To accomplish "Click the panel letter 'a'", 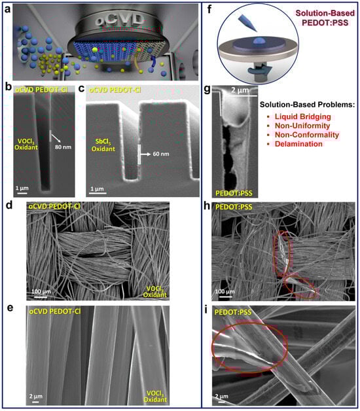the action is [x=8, y=10].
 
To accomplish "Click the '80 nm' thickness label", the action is [x=63, y=147].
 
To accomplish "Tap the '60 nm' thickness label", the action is [x=161, y=154].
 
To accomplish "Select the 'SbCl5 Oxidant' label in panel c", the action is [x=103, y=145].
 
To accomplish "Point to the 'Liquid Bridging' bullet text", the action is [x=302, y=116].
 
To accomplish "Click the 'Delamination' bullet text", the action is [x=298, y=144].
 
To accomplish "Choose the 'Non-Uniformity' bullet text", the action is [x=302, y=126].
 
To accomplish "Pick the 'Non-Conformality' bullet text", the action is [x=307, y=135].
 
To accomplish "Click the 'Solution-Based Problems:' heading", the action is [x=307, y=105].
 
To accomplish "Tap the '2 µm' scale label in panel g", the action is [x=240, y=90].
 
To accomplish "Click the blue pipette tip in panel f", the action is [x=247, y=24].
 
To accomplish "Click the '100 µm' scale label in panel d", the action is [x=41, y=291].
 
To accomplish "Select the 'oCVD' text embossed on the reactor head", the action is [x=120, y=19].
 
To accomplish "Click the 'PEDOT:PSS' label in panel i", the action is [x=233, y=312].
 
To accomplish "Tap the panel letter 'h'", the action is [x=207, y=206].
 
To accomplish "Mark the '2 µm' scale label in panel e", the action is [x=35, y=396].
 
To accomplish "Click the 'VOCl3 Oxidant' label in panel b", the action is [x=26, y=145].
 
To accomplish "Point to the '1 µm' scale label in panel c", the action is [x=97, y=188].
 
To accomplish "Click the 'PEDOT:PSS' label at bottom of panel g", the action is [x=234, y=194].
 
